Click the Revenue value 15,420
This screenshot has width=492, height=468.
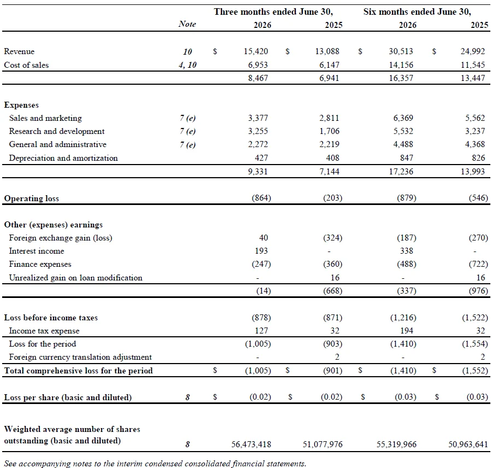(256, 51)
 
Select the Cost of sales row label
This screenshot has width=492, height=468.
(26, 65)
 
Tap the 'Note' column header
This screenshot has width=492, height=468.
(188, 24)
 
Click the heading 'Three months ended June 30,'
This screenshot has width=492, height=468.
(273, 11)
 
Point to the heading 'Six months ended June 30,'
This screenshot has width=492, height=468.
(417, 11)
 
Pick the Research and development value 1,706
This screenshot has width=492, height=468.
(329, 131)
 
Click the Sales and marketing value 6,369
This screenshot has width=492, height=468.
(403, 118)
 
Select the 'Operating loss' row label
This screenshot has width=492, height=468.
(31, 198)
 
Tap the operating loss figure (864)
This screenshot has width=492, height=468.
(261, 198)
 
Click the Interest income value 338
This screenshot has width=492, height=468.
(407, 251)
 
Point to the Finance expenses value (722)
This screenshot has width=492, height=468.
(478, 264)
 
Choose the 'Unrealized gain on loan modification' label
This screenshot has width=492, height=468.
(75, 278)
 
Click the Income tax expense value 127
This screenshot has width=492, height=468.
(261, 331)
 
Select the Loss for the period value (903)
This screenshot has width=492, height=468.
(332, 344)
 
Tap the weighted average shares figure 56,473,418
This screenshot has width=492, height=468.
(251, 444)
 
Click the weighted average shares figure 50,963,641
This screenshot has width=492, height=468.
(468, 444)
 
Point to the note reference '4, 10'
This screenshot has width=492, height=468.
(188, 65)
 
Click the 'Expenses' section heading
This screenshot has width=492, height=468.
(21, 105)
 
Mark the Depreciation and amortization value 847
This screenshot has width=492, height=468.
(407, 158)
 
